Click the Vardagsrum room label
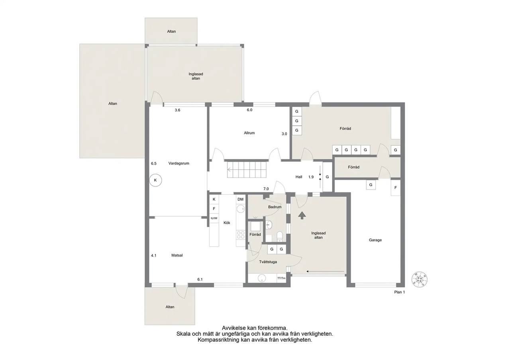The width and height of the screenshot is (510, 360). pyautogui.click(x=179, y=163)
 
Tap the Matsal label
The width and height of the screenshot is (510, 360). pyautogui.click(x=177, y=255)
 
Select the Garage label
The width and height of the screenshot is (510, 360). pyautogui.click(x=375, y=240)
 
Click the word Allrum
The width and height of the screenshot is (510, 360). pyautogui.click(x=249, y=133)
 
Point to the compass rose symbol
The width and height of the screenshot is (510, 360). pyautogui.click(x=420, y=279)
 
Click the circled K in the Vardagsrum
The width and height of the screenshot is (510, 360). pyautogui.click(x=155, y=180)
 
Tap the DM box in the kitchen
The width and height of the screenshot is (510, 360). pyautogui.click(x=240, y=200)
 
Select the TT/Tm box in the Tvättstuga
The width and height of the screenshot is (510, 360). pyautogui.click(x=281, y=278)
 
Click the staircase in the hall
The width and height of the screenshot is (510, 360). pyautogui.click(x=247, y=170)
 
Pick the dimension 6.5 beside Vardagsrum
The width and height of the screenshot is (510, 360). pyautogui.click(x=154, y=163)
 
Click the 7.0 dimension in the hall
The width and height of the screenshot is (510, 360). pyautogui.click(x=266, y=189)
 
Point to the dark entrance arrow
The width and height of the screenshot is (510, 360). pyautogui.click(x=302, y=215)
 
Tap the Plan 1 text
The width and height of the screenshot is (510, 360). pyautogui.click(x=400, y=292)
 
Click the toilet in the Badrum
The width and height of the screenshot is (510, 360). pyautogui.click(x=280, y=237)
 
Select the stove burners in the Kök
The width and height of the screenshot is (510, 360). pyautogui.click(x=241, y=235)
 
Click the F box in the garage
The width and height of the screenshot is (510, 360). pyautogui.click(x=396, y=188)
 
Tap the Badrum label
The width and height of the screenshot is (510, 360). pyautogui.click(x=275, y=207)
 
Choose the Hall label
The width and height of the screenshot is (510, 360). pyautogui.click(x=299, y=177)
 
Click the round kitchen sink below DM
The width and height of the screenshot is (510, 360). pyautogui.click(x=241, y=208)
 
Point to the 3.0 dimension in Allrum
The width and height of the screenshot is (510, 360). pyautogui.click(x=284, y=134)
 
